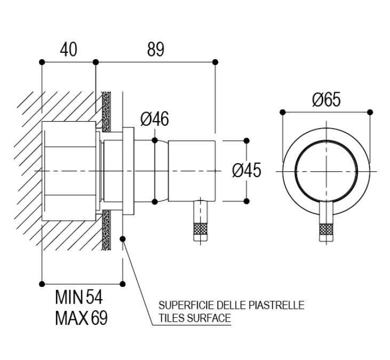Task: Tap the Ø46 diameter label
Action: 155,119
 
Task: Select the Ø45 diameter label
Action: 246,171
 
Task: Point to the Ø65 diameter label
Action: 326,99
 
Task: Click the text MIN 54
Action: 81,298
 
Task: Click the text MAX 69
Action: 81,318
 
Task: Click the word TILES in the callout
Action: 171,318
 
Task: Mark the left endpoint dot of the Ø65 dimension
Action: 282,111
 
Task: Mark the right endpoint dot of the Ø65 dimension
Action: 369,111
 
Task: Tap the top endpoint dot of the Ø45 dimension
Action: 246,140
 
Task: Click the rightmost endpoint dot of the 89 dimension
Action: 215,62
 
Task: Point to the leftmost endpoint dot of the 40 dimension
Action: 42,62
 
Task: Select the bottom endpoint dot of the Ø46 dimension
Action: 154,201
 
